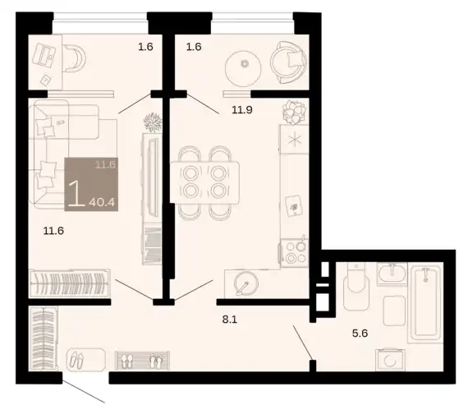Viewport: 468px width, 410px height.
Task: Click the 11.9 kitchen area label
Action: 242,110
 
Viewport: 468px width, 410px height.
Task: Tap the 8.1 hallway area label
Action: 230,320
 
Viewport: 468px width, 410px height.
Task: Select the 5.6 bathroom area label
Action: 360,333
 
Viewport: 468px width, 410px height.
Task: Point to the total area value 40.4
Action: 102,202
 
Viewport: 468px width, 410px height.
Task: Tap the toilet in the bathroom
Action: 356,287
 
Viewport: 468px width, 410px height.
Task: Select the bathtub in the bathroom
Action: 425,303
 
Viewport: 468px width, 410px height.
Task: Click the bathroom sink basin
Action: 392,274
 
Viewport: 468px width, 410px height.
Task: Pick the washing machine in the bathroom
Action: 390,360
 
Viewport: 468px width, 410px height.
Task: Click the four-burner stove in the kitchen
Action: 294,253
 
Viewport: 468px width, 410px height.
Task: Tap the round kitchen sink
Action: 246,283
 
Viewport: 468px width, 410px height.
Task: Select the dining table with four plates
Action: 204,182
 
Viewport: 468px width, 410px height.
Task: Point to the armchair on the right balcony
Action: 288,62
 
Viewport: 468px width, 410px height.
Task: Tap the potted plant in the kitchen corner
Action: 294,112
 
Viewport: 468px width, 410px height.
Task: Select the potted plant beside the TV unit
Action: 153,122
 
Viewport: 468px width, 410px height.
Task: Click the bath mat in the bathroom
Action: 394,311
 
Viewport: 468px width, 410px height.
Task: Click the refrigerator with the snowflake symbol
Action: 294,139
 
